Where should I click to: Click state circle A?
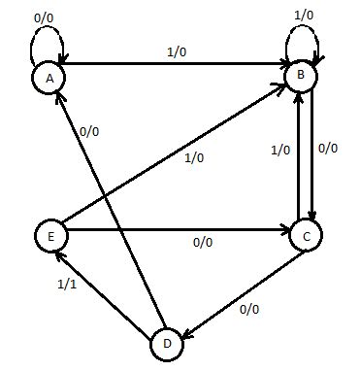pos(45,76)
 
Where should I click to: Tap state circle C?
pos(306,235)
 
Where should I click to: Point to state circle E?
pos(49,234)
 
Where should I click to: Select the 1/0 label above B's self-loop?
pos(304,16)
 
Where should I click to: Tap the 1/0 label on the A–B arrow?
pos(176,55)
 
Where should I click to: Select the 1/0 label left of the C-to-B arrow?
pos(279,151)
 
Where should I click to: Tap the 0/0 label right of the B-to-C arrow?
pos(329,150)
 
